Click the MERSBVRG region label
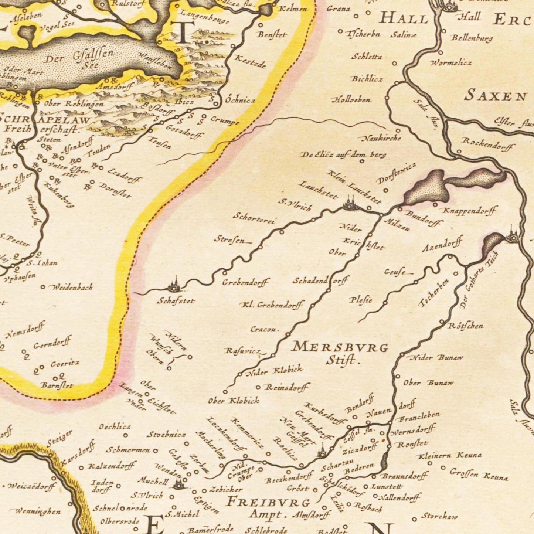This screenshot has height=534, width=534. point(340,347)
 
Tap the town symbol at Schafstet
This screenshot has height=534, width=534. point(173,286)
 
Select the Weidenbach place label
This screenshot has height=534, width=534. point(72,287)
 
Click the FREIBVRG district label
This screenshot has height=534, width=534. point(268,502)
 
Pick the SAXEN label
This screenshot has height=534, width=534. point(495,96)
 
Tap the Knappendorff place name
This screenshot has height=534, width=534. point(469,211)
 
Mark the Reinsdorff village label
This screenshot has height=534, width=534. point(286,387)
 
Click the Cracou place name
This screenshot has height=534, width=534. point(265,329)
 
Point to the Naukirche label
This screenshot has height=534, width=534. point(380,138)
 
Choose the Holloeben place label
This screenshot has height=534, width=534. point(351,100)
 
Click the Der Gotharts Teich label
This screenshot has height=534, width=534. point(480,280)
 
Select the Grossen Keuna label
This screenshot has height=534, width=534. point(479,475)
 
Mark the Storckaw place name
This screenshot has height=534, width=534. point(439,516)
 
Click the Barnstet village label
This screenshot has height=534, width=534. point(57,385)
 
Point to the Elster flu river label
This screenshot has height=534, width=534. point(514,122)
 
